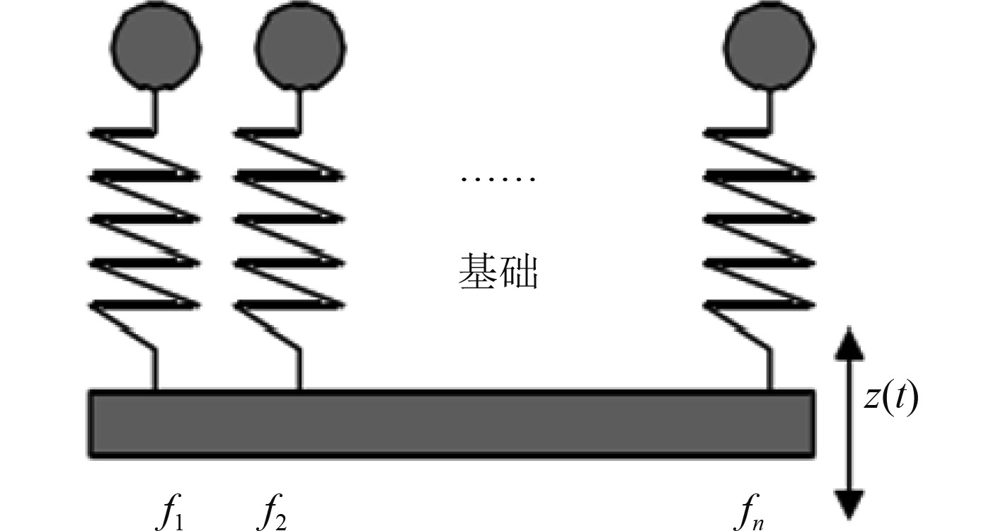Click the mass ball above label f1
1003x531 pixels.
click(x=156, y=45)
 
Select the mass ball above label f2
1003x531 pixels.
click(x=299, y=45)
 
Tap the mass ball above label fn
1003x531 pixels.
click(x=770, y=45)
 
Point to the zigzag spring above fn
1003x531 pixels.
click(x=760, y=219)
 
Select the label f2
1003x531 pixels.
click(x=273, y=513)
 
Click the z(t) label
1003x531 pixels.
click(x=890, y=400)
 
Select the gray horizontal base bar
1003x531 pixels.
click(x=451, y=423)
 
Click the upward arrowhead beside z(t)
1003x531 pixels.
click(x=849, y=348)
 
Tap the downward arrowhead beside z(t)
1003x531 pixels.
click(x=849, y=503)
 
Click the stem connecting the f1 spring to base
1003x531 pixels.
click(x=155, y=370)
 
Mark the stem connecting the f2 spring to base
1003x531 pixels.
click(x=299, y=370)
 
